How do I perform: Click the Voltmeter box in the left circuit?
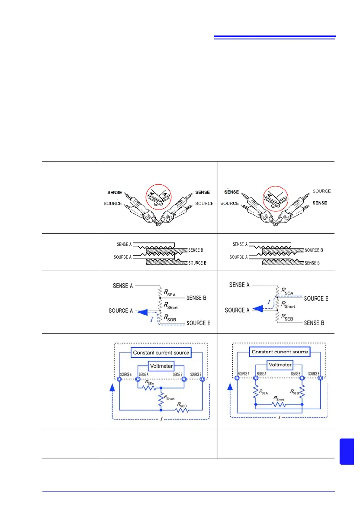click(x=161, y=365)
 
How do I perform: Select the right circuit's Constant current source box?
click(x=279, y=352)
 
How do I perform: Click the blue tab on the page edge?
click(x=347, y=451)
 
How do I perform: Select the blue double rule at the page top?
click(x=275, y=38)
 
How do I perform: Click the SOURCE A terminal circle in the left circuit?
click(x=119, y=380)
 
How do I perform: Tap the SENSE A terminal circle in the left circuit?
click(x=138, y=380)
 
